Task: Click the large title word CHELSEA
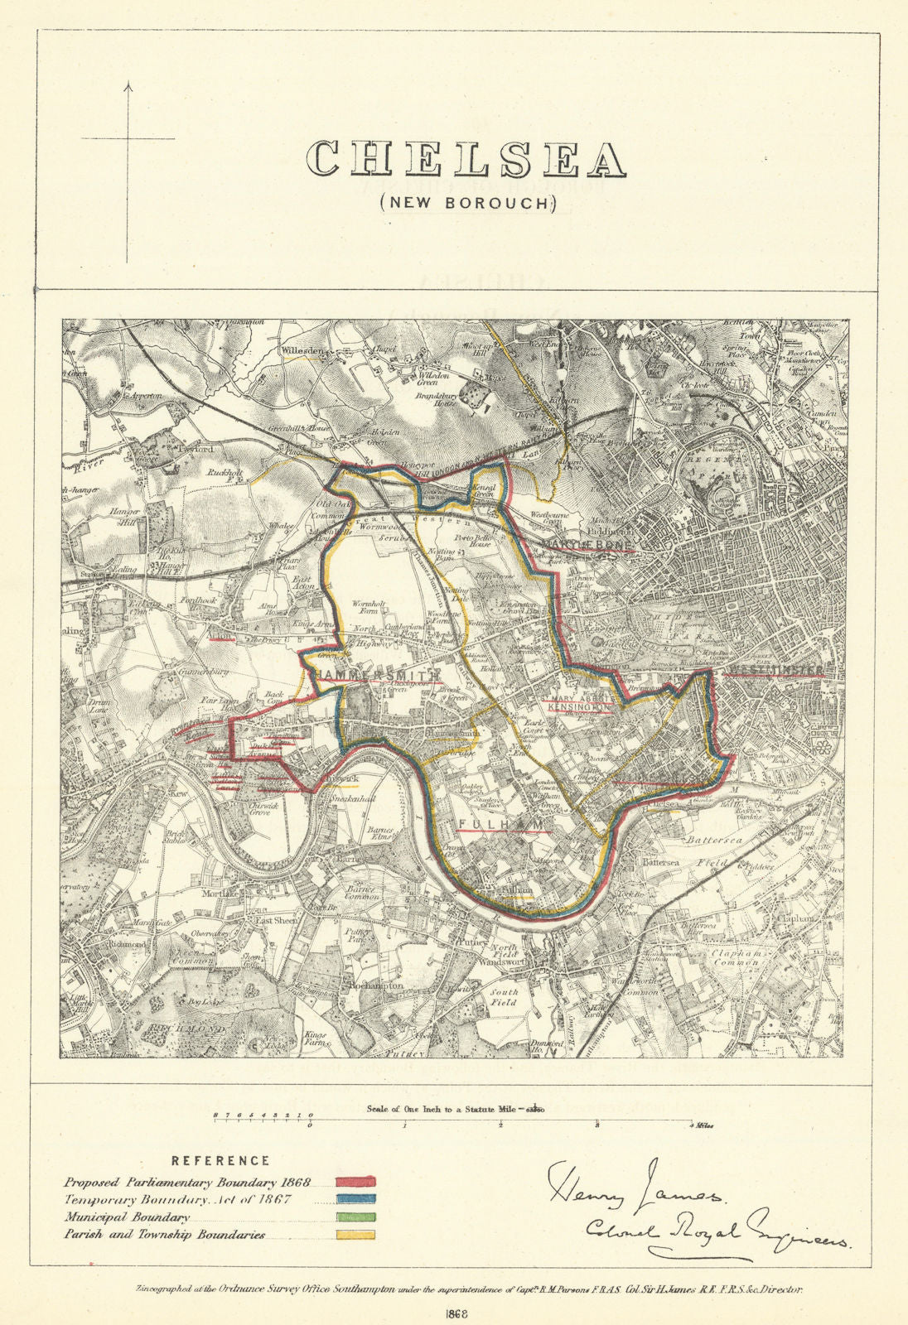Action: (466, 158)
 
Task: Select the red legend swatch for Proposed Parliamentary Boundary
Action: (355, 1182)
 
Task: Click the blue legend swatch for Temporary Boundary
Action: (355, 1200)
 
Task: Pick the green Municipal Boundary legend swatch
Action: (355, 1217)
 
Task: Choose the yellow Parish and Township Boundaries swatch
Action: (355, 1235)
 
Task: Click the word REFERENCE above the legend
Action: (220, 1161)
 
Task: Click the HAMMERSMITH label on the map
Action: (375, 676)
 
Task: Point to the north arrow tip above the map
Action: (128, 84)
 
